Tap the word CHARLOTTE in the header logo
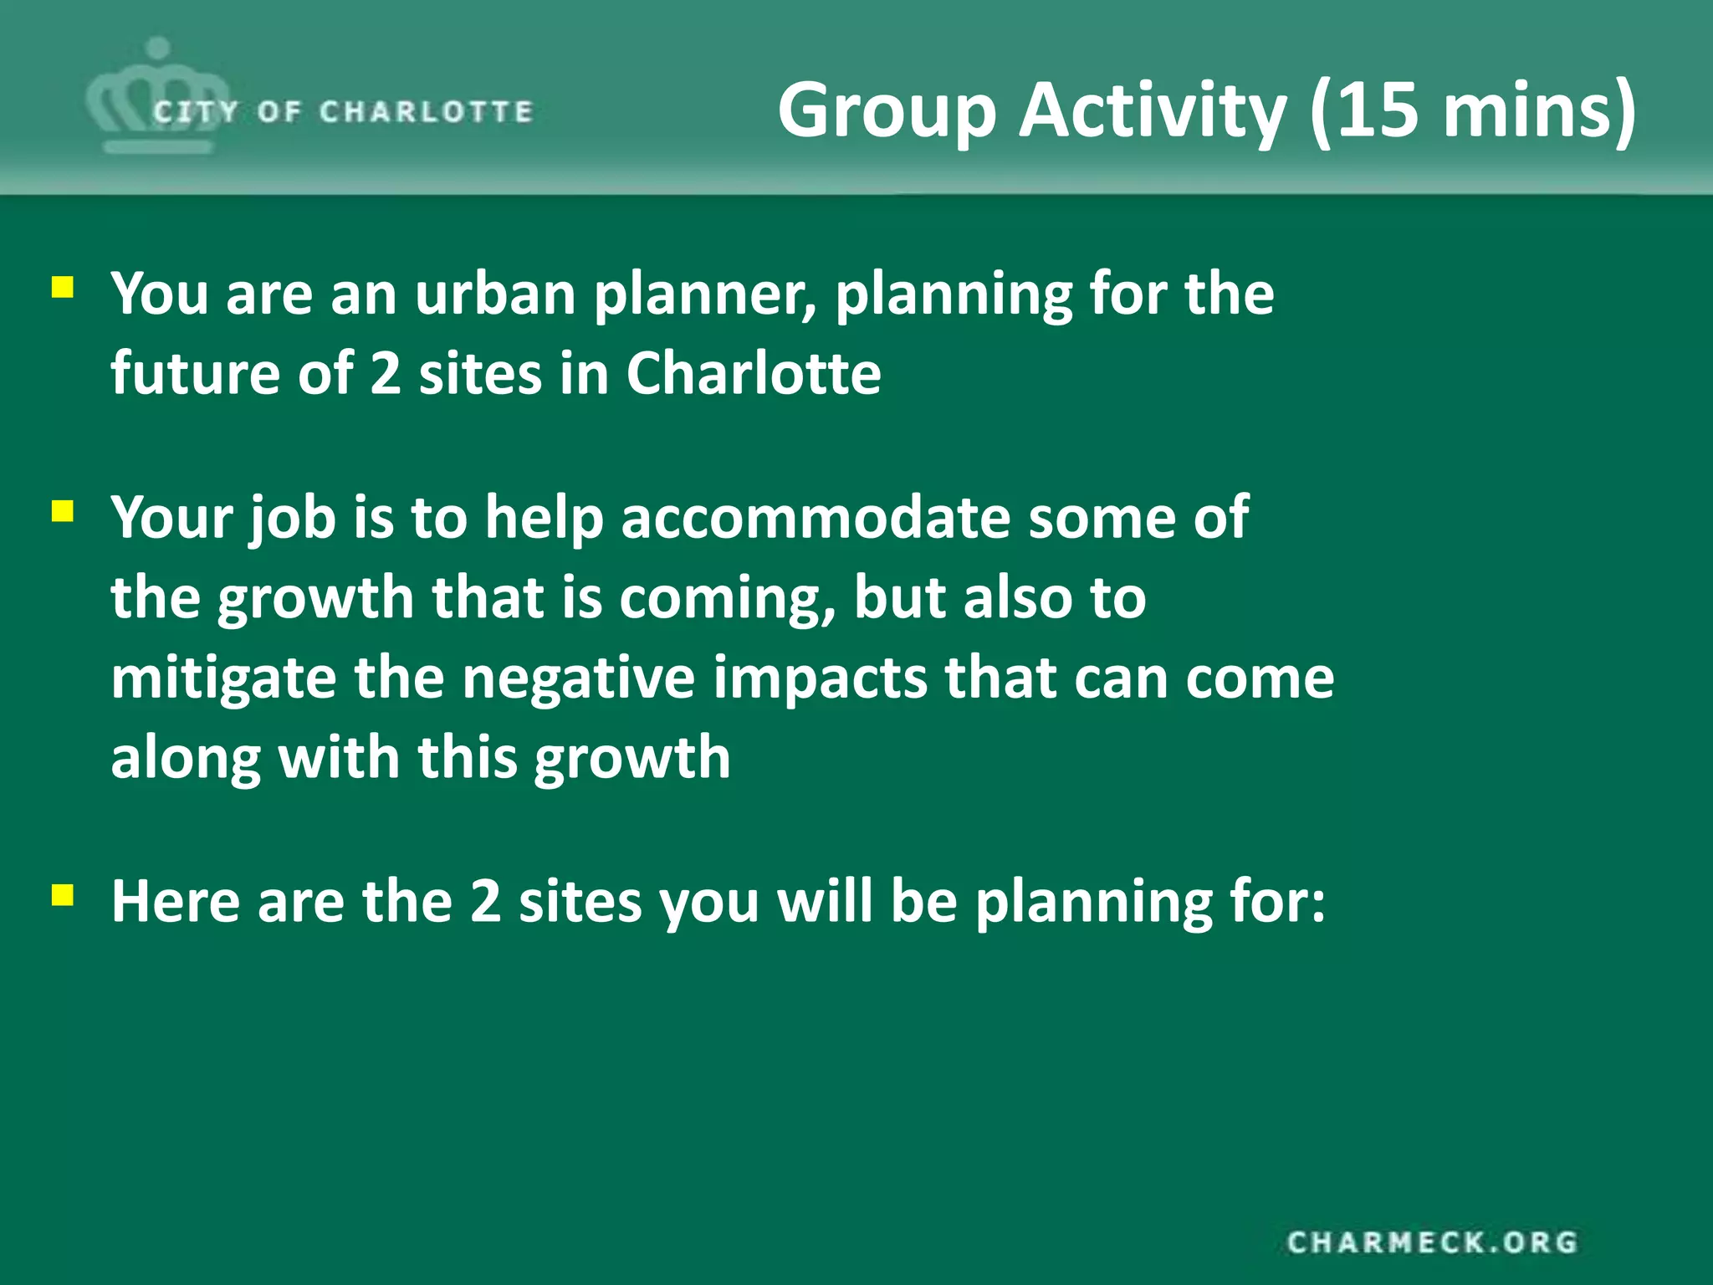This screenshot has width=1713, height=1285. (x=426, y=111)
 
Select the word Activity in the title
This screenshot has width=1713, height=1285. (x=1152, y=110)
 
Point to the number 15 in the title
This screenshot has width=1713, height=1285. (x=1376, y=110)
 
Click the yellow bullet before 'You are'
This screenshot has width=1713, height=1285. (x=63, y=289)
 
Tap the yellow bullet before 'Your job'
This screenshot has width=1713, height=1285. (x=63, y=511)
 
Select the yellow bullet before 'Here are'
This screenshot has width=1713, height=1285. (x=63, y=896)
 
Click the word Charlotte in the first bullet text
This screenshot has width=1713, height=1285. (x=754, y=373)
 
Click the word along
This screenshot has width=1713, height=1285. (x=186, y=758)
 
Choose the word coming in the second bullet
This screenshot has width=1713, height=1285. (x=727, y=599)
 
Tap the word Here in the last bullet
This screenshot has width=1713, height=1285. (x=175, y=902)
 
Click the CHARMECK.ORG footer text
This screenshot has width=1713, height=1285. (x=1432, y=1242)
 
